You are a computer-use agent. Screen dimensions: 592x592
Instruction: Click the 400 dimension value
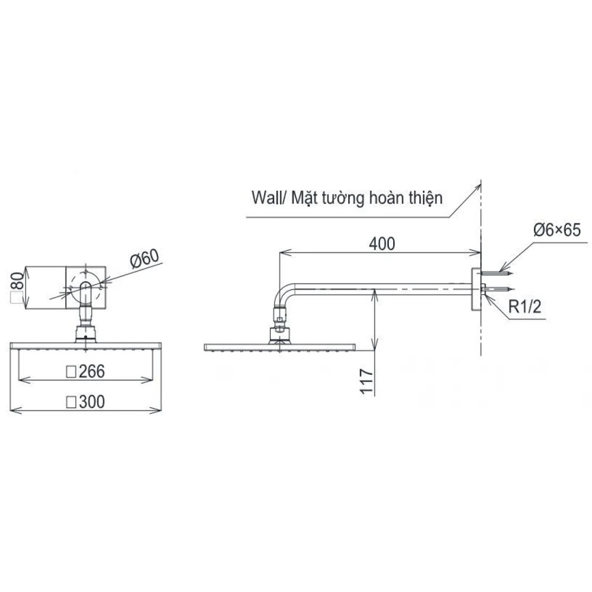point(382,244)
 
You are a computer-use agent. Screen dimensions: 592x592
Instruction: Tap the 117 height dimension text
point(366,382)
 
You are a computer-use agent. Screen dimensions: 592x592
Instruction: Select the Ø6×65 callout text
point(557,230)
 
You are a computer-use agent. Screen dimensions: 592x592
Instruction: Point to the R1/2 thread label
point(525,307)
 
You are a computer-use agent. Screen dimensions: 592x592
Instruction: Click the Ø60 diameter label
point(144,258)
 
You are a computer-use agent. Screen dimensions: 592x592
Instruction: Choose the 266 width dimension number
point(92,372)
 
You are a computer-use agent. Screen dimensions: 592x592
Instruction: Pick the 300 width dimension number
point(92,402)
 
